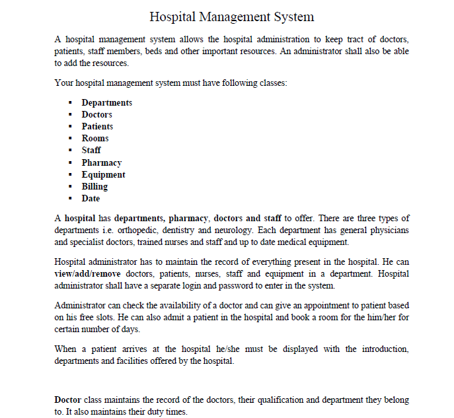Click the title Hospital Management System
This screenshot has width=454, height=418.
231,17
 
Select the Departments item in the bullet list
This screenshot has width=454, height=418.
106,102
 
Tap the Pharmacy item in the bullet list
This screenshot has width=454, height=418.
101,162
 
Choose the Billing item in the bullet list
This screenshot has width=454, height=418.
95,187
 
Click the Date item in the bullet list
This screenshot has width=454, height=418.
91,199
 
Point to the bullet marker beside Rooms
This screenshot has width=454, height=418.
70,139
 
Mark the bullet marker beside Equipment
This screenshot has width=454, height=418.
70,175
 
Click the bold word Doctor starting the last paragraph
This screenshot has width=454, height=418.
67,400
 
